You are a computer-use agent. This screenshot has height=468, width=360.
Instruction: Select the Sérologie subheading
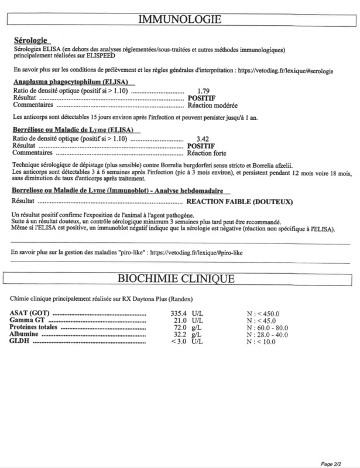(x=30, y=40)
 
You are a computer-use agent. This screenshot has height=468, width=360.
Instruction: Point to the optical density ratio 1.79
(x=204, y=91)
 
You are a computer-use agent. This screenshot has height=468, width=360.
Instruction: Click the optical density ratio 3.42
(x=204, y=138)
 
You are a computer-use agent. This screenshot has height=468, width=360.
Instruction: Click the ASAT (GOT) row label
(x=29, y=314)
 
